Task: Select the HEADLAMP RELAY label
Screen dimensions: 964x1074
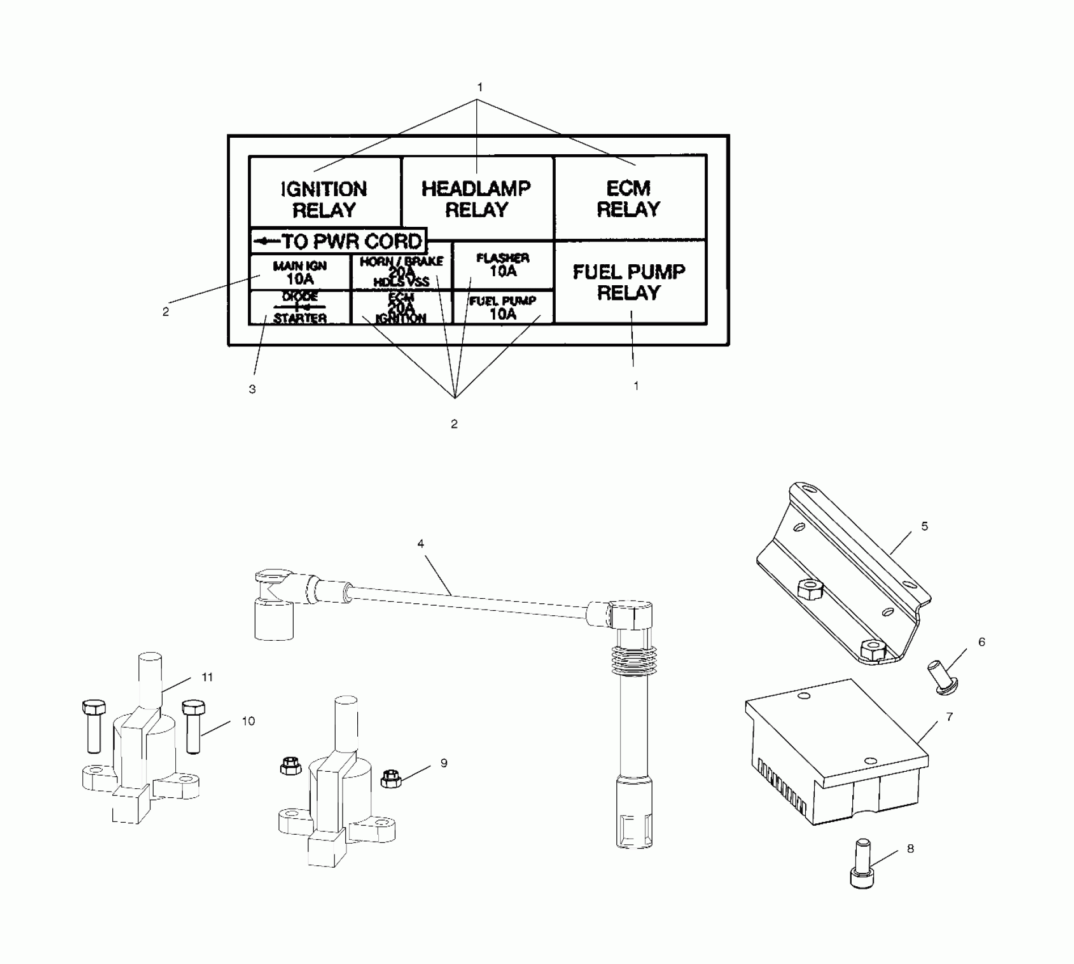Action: click(476, 198)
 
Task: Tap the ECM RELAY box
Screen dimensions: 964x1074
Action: click(629, 198)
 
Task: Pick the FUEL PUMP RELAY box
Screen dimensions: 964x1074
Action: click(629, 282)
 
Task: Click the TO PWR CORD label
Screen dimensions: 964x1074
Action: click(338, 242)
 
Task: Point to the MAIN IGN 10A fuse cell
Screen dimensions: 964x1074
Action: click(299, 273)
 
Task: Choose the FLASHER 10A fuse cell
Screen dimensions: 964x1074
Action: click(502, 265)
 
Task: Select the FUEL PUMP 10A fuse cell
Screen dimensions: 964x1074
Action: click(502, 307)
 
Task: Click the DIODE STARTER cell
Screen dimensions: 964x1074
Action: click(299, 308)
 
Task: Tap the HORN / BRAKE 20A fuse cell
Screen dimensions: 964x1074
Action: click(401, 272)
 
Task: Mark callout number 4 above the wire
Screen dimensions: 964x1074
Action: click(420, 544)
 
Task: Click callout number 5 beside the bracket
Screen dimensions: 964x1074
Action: click(924, 526)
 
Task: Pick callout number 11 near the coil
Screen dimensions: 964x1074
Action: click(207, 677)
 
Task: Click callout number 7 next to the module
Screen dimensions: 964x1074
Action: click(949, 717)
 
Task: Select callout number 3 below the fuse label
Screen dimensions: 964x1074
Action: click(252, 389)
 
